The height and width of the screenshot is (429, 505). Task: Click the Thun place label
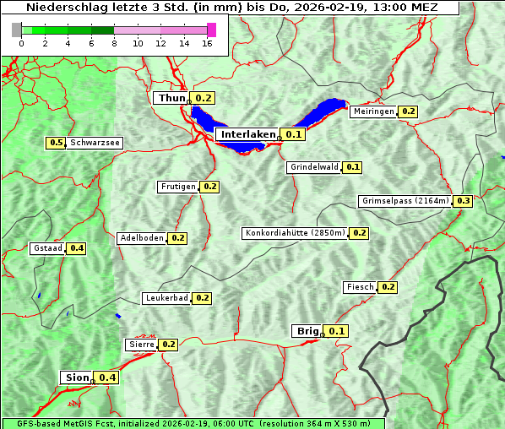point(171,99)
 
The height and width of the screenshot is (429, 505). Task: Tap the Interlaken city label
point(248,134)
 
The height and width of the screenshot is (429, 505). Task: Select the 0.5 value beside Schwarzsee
point(57,144)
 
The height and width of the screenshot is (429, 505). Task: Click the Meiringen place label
point(373,111)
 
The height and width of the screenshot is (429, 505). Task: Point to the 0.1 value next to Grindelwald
point(352,167)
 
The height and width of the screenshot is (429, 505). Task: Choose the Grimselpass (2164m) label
point(405,201)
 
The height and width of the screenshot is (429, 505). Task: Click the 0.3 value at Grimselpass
point(463,201)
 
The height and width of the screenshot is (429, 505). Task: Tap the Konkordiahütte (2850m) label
point(295,233)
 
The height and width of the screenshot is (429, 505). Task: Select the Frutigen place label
point(177,187)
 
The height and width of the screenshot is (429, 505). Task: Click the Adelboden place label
point(141,238)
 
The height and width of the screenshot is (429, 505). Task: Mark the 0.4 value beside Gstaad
point(76,248)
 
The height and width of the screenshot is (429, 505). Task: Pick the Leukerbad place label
point(166,298)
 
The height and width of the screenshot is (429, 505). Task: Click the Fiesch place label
point(360,287)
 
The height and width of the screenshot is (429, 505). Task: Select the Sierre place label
point(141,345)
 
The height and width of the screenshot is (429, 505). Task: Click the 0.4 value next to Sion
point(107,377)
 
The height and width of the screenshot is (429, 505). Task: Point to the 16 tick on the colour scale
point(207,44)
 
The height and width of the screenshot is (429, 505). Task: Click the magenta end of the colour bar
point(211,30)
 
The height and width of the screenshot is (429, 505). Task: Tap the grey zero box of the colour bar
point(17,30)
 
